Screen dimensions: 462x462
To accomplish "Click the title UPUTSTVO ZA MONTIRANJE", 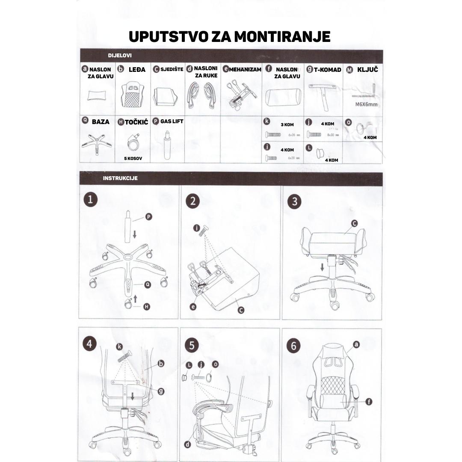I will [x=230, y=36].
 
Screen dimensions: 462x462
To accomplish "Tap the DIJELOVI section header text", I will [x=120, y=56].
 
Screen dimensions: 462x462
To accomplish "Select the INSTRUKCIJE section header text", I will [x=120, y=178].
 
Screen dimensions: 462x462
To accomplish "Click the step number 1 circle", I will [x=90, y=200].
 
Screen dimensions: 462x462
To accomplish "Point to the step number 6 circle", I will [x=293, y=346].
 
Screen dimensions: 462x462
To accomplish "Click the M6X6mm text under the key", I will [x=367, y=104].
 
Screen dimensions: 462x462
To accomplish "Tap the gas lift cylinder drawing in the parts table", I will [x=167, y=144].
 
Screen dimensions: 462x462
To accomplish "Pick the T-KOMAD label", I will [x=327, y=70].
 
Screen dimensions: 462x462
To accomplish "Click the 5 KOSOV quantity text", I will [x=133, y=158].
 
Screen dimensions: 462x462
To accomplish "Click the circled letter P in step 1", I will [x=148, y=217].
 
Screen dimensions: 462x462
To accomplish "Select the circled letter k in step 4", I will [x=120, y=346].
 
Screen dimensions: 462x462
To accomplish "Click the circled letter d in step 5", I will [x=187, y=444].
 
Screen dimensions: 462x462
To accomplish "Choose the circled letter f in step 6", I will [x=369, y=401].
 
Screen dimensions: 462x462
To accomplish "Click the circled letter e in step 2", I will [x=193, y=306].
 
